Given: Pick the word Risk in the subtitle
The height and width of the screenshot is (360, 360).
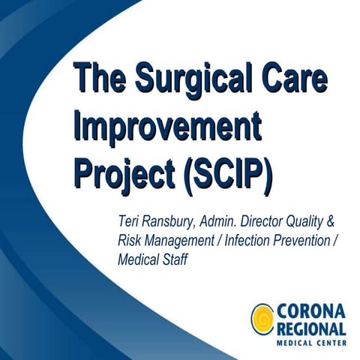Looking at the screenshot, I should coord(130,241).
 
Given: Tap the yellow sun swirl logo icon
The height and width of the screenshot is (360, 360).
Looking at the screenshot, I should coord(263,318).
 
